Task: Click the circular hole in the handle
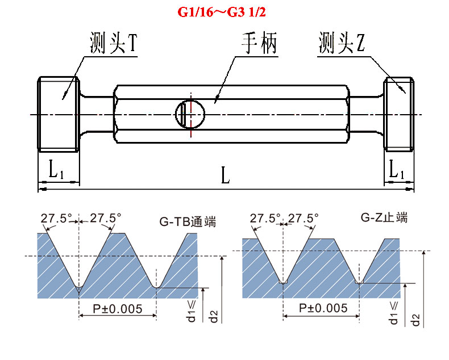click(x=190, y=113)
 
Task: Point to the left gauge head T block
click(x=58, y=113)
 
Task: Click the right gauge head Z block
click(x=398, y=113)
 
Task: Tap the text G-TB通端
click(x=188, y=221)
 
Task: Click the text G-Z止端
click(x=384, y=217)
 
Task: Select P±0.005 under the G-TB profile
click(x=118, y=309)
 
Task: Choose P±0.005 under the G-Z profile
click(x=321, y=309)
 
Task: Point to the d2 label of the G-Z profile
click(x=417, y=319)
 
